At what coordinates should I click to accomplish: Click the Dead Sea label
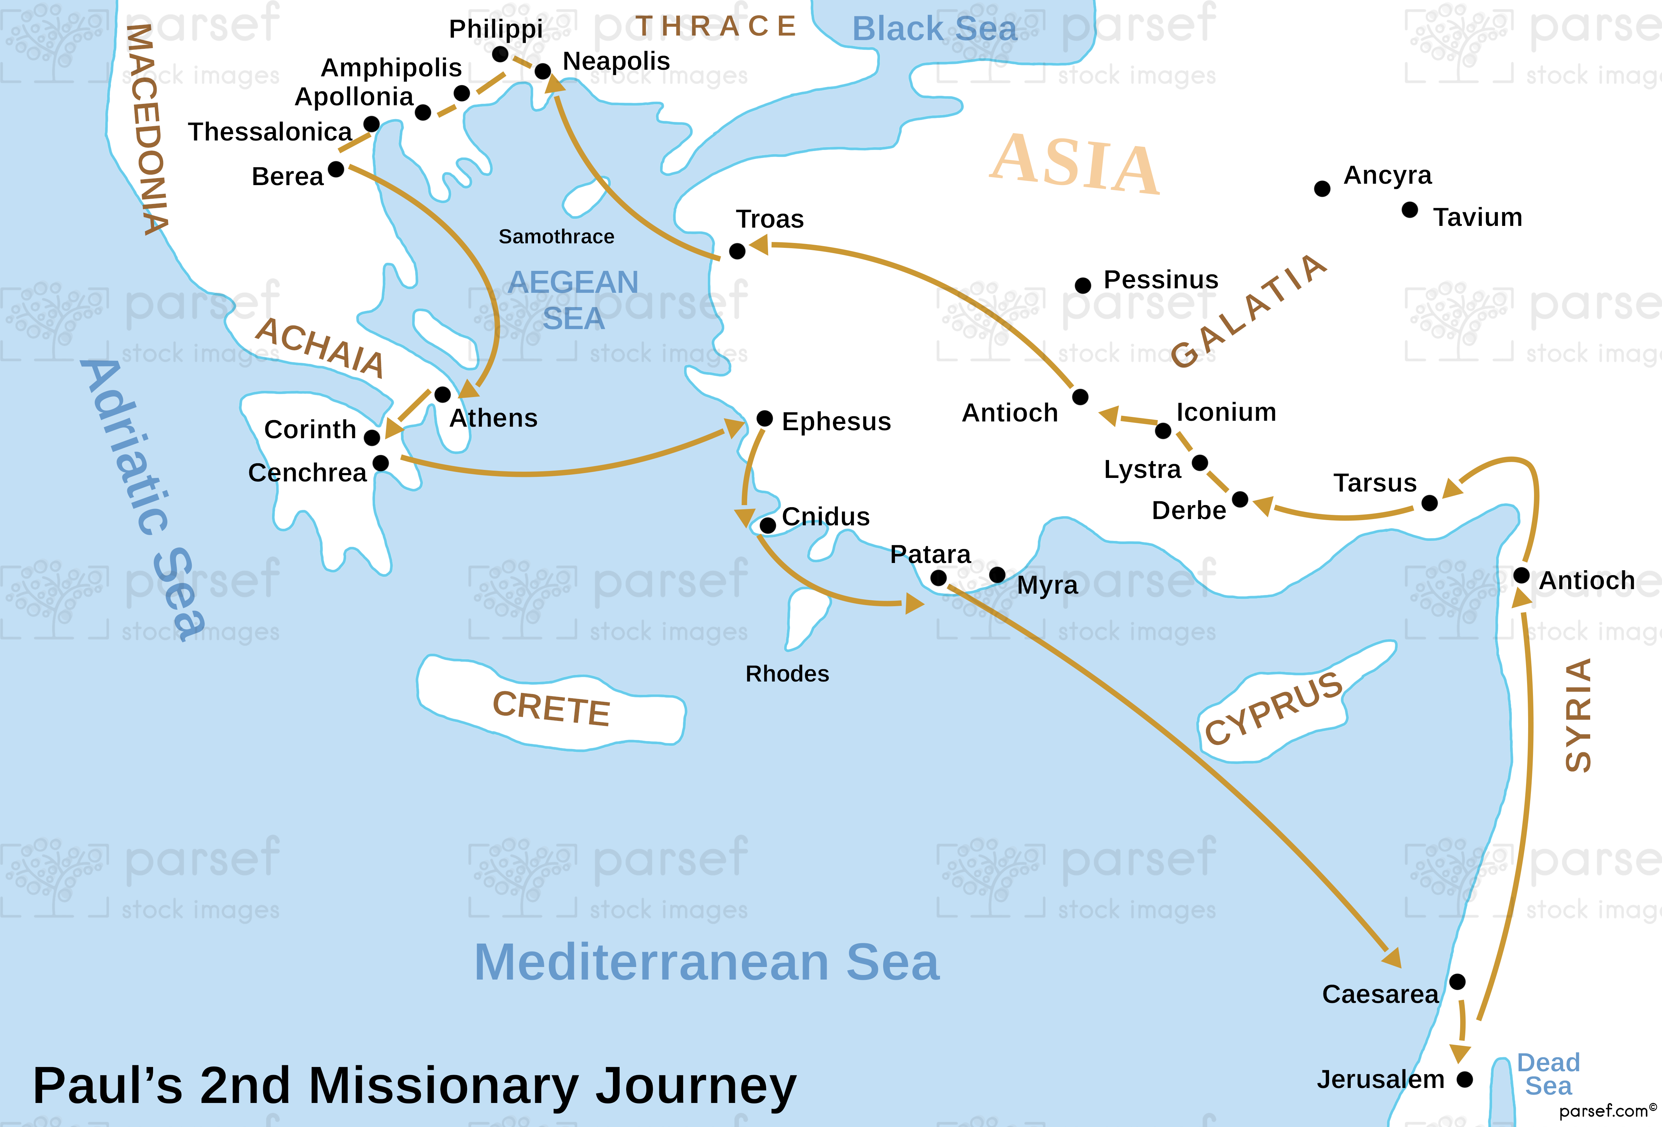coord(1548,1074)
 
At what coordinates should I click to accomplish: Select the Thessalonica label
coord(270,131)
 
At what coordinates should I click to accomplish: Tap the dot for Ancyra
coord(1322,189)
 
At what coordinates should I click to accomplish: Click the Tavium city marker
coord(1410,210)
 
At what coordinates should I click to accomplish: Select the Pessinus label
coord(1161,280)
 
